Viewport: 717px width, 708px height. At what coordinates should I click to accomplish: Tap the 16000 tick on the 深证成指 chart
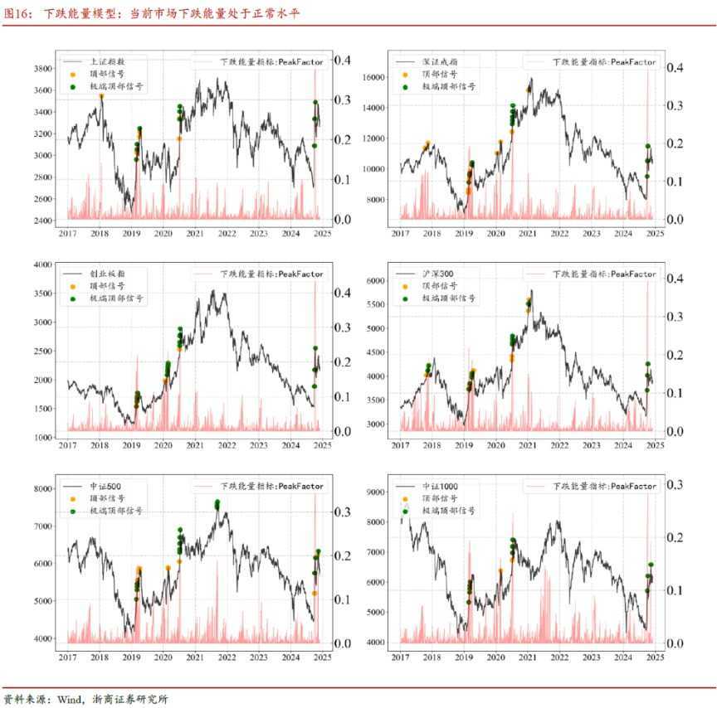coord(374,76)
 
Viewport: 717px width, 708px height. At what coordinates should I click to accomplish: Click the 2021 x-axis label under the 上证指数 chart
coord(195,235)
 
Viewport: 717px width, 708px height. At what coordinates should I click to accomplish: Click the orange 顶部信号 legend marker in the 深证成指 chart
coord(405,74)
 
